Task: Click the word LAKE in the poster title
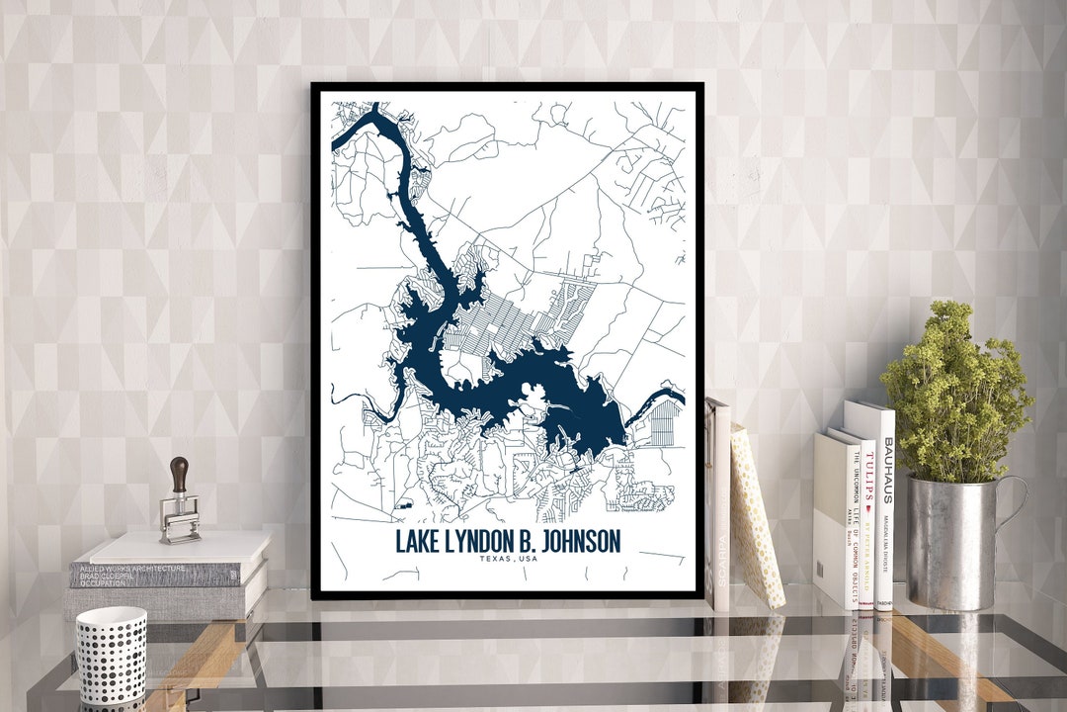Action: [x=416, y=542]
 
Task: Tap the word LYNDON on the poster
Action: [x=478, y=542]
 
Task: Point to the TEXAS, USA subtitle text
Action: [x=508, y=560]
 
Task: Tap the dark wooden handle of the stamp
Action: [x=179, y=475]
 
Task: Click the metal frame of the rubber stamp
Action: [x=179, y=518]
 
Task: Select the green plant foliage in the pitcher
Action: [x=953, y=396]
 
